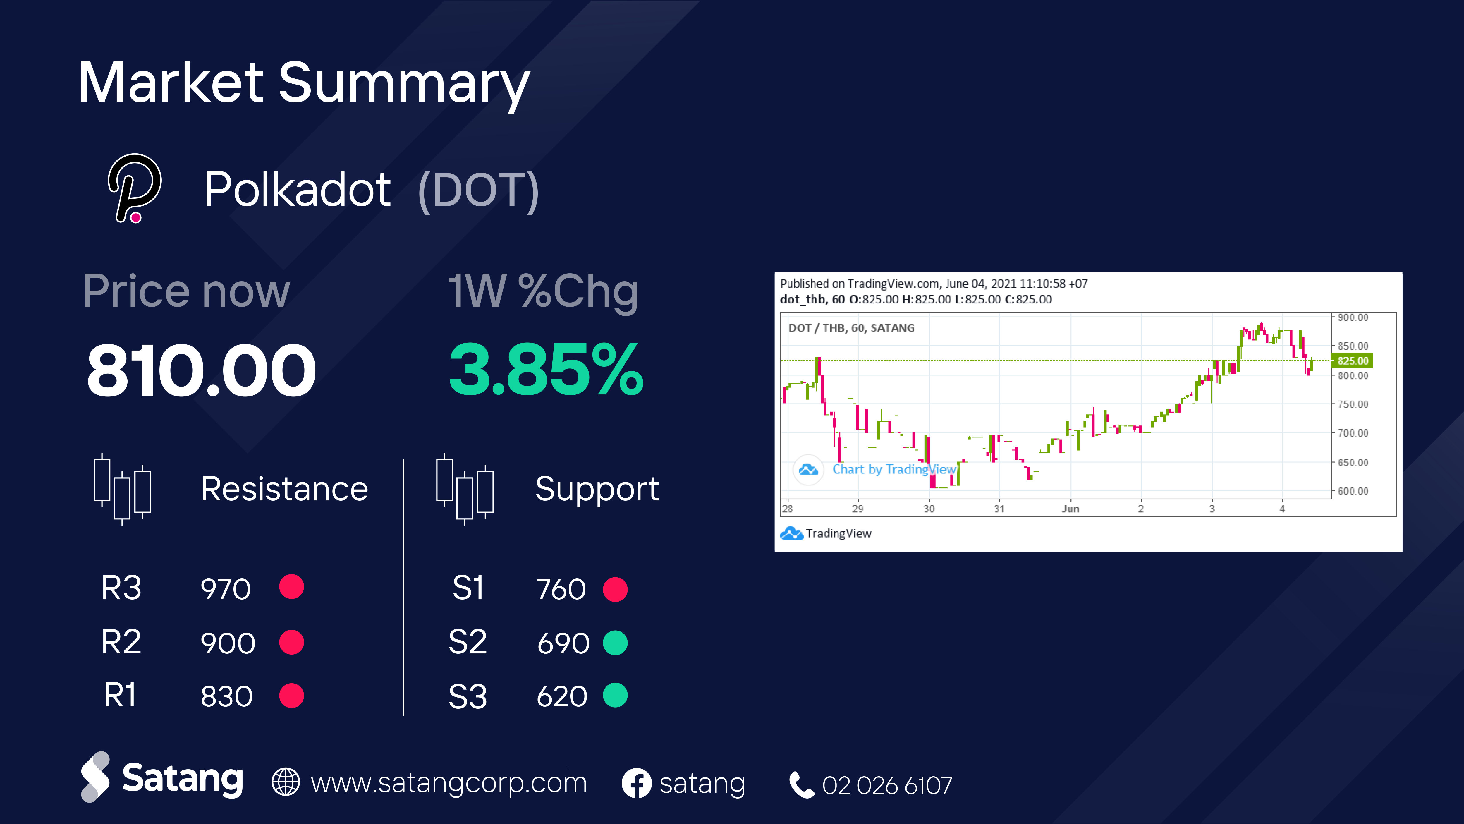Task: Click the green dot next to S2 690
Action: pos(615,643)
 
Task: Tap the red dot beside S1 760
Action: pos(615,589)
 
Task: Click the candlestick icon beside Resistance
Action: pos(122,489)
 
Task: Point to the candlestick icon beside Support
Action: pos(465,489)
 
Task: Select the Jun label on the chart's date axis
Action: pos(1070,509)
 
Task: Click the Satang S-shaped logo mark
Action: pos(95,777)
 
